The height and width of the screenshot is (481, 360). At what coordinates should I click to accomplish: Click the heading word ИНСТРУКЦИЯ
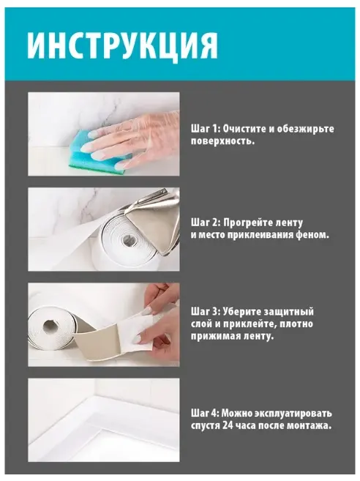point(122,44)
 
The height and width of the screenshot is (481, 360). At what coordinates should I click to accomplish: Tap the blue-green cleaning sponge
point(97,150)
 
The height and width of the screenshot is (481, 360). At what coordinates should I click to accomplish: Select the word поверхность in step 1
point(222,141)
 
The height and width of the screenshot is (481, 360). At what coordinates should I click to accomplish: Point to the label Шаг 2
point(206,223)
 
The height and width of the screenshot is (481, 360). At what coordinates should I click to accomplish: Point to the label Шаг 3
point(206,312)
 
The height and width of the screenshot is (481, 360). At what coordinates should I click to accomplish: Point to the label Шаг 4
point(206,413)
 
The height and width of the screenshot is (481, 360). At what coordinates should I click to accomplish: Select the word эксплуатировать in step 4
point(293,414)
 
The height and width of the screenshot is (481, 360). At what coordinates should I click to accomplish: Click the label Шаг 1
point(206,129)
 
